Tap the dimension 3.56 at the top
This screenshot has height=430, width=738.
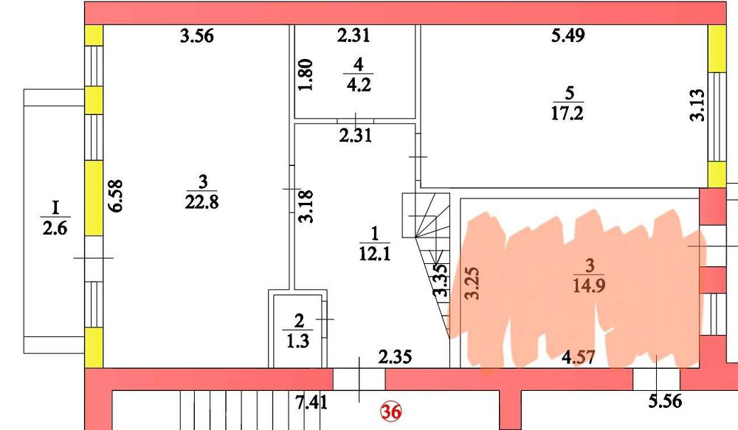click(197, 36)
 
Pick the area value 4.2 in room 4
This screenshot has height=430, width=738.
click(359, 83)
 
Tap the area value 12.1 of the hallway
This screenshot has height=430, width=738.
click(375, 255)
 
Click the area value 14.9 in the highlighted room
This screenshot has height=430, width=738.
click(588, 285)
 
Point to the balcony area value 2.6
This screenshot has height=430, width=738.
click(55, 229)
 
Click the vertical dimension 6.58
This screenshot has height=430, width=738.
click(116, 197)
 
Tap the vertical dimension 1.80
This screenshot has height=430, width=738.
click(308, 74)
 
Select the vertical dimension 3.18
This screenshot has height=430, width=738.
click(308, 207)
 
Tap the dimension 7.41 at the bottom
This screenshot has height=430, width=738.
click(310, 403)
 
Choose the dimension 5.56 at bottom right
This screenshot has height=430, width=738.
click(665, 403)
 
